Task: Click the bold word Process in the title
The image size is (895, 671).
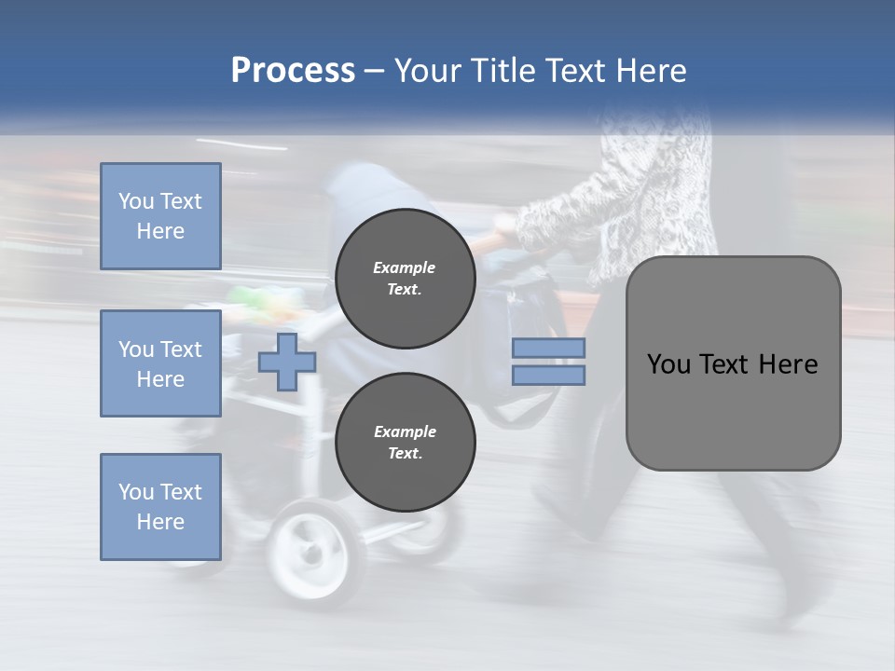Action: (293, 71)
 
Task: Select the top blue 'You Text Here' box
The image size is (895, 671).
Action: (160, 216)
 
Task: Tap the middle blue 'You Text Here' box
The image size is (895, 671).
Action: (160, 363)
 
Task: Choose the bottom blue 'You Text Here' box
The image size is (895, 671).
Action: (160, 507)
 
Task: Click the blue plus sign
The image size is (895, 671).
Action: (286, 362)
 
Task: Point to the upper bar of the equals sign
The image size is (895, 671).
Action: (548, 349)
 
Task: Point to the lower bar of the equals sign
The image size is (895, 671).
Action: (548, 375)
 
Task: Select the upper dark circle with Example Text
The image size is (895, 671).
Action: (405, 279)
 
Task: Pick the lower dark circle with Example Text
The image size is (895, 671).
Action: (405, 443)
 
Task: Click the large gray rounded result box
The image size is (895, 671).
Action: (733, 363)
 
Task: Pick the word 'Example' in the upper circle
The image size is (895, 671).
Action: (405, 267)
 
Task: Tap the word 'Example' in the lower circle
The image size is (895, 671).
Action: (405, 431)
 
